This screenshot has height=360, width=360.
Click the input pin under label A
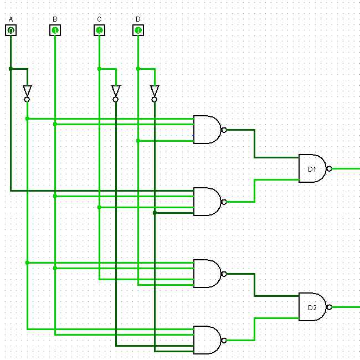pyautogui.click(x=11, y=30)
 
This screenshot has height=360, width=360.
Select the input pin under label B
pyautogui.click(x=55, y=30)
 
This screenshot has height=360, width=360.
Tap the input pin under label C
pyautogui.click(x=99, y=30)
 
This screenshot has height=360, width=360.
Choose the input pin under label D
pyautogui.click(x=138, y=30)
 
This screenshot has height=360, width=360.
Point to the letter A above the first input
pyautogui.click(x=11, y=19)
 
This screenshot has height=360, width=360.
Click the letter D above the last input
pyautogui.click(x=138, y=19)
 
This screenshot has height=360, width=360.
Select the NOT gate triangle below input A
pyautogui.click(x=27, y=91)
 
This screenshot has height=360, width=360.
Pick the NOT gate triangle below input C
pyautogui.click(x=116, y=91)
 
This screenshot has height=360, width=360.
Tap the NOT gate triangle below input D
pyautogui.click(x=155, y=91)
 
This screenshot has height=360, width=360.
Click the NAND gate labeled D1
pyautogui.click(x=312, y=168)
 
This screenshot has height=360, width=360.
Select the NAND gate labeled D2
pyautogui.click(x=312, y=307)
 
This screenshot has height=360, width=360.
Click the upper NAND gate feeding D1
pyautogui.click(x=206, y=130)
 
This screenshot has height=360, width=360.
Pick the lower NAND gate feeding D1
pyautogui.click(x=206, y=202)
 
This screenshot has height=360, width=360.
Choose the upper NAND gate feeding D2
pyautogui.click(x=206, y=274)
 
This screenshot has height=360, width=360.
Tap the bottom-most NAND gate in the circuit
pyautogui.click(x=206, y=340)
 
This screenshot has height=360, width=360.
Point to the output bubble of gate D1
pyautogui.click(x=329, y=168)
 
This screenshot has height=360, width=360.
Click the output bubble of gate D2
pyautogui.click(x=329, y=307)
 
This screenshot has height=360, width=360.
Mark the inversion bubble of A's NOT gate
pyautogui.click(x=27, y=100)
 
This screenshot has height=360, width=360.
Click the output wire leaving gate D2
pyautogui.click(x=346, y=307)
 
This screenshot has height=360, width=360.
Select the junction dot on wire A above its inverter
pyautogui.click(x=11, y=69)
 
